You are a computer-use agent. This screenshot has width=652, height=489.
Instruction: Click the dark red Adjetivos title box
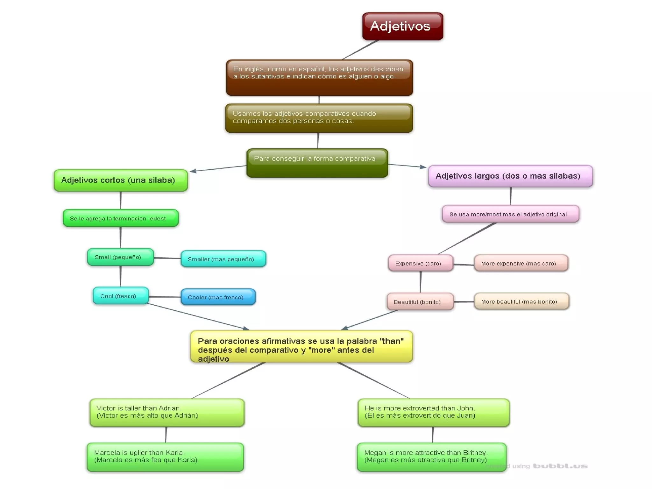(x=402, y=26)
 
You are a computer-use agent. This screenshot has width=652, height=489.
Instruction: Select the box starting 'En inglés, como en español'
(x=319, y=78)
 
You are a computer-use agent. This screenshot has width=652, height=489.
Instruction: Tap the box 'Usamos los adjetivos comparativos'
(x=319, y=118)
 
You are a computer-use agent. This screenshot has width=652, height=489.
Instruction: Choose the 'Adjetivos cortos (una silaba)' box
(x=121, y=180)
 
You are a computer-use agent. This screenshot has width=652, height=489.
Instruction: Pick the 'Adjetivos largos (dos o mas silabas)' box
(x=510, y=176)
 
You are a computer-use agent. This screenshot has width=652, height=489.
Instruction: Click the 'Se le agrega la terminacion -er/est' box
(x=121, y=218)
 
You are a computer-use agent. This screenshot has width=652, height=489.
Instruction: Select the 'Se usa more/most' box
(x=510, y=214)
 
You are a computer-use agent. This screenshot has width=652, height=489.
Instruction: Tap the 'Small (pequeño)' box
(x=120, y=257)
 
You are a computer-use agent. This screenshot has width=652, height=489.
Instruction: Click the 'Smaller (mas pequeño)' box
(x=223, y=259)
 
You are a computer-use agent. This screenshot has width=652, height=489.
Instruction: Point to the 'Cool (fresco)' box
(x=120, y=296)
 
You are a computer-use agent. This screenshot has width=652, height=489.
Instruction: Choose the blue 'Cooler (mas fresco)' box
(x=218, y=297)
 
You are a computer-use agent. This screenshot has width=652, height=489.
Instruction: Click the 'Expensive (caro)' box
(x=420, y=263)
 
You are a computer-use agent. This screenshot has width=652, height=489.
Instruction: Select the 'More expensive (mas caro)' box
(x=521, y=263)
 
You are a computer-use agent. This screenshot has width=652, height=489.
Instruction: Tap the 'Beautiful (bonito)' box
(x=420, y=301)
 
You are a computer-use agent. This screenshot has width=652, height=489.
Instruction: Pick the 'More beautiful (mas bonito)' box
(x=521, y=301)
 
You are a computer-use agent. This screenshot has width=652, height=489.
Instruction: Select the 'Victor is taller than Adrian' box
(x=167, y=412)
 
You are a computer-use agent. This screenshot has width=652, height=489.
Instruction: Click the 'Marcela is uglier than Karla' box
(x=165, y=457)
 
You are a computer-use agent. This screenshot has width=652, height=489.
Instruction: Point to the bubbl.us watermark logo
(x=560, y=466)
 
